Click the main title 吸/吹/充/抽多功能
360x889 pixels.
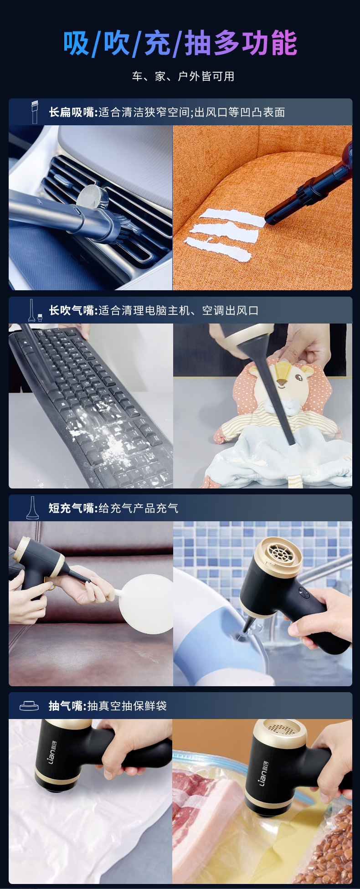180,43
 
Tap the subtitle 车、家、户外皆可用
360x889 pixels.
183,76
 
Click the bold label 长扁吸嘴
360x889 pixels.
72,112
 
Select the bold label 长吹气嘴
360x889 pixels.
72,310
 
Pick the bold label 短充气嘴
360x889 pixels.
72,508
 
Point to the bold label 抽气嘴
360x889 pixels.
66,706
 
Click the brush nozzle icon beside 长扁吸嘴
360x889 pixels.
35,112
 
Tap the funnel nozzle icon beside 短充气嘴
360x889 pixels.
32,508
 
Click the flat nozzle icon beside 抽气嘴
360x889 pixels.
29,706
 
